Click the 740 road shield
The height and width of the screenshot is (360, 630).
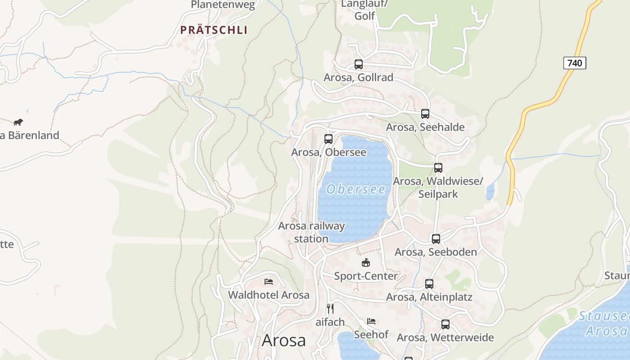575,63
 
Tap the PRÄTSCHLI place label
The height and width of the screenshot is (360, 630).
214,30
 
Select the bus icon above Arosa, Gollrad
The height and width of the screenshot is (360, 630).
358,64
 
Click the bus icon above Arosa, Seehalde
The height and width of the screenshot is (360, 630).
425,114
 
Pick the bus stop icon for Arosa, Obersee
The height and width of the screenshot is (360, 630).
328,139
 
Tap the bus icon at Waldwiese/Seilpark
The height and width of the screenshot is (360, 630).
438,168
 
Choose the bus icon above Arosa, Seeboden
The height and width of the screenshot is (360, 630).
436,239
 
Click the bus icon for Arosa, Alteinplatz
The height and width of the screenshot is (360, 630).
429,284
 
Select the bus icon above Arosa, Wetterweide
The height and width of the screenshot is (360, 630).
445,324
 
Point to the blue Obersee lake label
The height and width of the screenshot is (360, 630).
356,189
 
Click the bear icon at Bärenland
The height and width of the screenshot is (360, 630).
18,122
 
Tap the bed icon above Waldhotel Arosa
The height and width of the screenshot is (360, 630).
269,282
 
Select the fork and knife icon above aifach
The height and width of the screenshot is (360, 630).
330,309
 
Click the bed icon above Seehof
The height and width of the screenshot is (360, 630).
371,321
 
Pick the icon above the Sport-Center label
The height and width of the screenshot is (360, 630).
365,262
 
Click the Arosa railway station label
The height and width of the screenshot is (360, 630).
311,232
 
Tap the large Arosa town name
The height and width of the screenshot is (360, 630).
283,340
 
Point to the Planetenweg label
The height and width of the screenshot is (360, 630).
223,5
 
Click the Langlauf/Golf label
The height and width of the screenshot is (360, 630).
364,10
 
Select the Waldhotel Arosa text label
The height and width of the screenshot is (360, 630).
269,295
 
